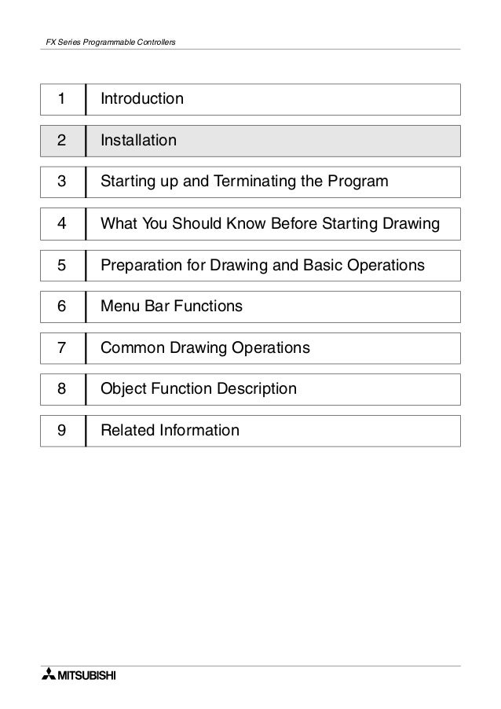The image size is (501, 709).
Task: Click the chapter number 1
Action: tap(60, 100)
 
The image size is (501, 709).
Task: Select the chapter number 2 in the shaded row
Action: tap(60, 141)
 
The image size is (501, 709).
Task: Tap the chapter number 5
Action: tap(60, 266)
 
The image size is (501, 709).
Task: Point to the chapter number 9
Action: tap(60, 431)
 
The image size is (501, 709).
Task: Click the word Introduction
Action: tap(142, 100)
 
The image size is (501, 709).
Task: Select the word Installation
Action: tap(139, 141)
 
